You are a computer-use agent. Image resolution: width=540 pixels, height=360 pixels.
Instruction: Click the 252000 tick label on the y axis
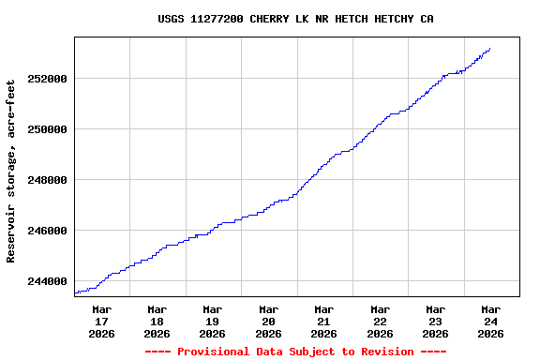point(48,79)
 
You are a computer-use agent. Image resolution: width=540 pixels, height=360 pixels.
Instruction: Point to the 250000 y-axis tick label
point(48,129)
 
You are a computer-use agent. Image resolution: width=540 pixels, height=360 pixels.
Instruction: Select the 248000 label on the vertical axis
point(48,180)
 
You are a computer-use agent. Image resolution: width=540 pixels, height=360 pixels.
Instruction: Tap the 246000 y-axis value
point(48,231)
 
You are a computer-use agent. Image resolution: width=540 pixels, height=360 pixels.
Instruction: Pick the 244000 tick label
point(48,281)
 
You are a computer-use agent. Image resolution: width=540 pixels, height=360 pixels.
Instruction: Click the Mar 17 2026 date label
point(101,321)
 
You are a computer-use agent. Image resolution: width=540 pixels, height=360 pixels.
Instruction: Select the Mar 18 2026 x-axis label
point(157,321)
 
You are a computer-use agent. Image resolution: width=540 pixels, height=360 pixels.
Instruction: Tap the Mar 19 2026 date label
point(213,321)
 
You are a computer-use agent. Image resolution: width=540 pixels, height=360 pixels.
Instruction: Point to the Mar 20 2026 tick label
point(268,321)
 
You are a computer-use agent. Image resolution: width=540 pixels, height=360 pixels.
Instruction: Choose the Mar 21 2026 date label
point(323,321)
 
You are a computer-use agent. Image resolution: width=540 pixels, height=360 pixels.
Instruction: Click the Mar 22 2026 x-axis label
point(380,321)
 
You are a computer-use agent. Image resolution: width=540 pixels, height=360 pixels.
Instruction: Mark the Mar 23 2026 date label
point(435,321)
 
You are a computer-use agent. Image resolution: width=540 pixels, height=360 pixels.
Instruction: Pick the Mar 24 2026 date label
point(490,321)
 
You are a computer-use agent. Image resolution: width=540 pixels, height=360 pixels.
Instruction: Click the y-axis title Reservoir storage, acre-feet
point(11,171)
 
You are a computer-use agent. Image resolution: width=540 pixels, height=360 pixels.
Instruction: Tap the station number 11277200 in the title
point(217,19)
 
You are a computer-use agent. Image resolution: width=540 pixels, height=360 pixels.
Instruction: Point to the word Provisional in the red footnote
point(210,352)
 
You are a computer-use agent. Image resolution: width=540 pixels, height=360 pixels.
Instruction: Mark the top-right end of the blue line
point(489,49)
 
